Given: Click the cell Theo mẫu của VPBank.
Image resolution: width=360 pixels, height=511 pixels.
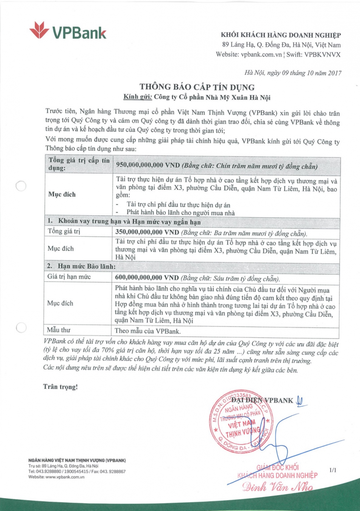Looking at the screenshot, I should click(x=143, y=330).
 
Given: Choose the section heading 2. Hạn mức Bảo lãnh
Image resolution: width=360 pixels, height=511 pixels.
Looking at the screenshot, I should click(x=81, y=267).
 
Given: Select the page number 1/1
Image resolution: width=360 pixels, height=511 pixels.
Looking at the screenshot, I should click(x=333, y=470).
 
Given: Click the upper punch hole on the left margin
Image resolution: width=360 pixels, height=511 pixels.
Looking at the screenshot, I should click(x=20, y=186).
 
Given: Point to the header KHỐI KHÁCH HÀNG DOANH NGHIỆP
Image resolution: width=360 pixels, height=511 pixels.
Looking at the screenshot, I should click(x=281, y=35).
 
